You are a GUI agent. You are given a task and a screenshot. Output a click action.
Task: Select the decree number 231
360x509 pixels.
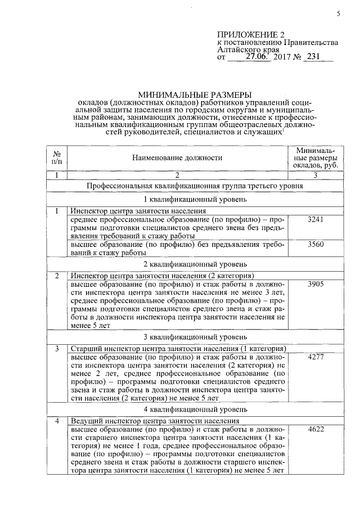tap(313, 57)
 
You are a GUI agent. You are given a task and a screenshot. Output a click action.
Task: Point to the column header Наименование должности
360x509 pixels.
tap(178, 158)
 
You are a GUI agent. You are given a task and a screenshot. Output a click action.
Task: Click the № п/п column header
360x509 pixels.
tap(57, 158)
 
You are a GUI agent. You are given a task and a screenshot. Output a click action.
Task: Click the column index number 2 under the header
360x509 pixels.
tap(177, 175)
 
